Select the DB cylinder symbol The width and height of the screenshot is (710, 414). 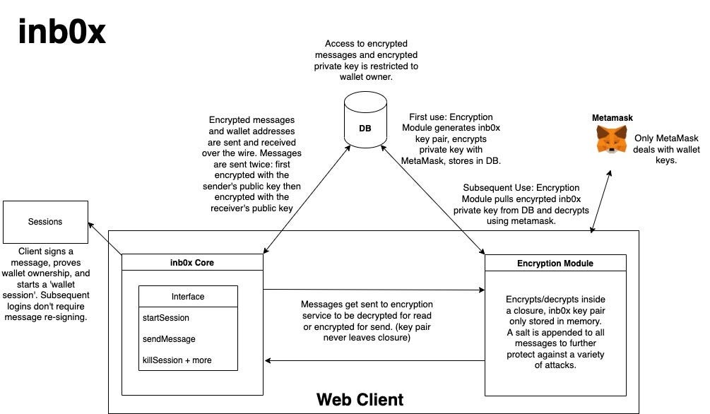[x=365, y=119]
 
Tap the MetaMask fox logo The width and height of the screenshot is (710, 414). [x=612, y=139]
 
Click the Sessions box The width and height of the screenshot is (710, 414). [x=45, y=222]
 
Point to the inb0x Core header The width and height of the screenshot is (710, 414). [x=192, y=262]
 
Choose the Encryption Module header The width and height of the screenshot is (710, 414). [x=555, y=264]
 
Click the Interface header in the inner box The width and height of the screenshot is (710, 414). [x=188, y=296]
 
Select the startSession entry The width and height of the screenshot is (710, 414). [x=166, y=317]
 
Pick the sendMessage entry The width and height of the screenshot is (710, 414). [x=169, y=339]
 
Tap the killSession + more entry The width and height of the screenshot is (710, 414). [x=177, y=360]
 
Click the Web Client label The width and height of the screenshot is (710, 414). [x=360, y=399]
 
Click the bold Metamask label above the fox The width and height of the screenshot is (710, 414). [x=613, y=118]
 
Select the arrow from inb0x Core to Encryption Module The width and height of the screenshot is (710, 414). [x=374, y=290]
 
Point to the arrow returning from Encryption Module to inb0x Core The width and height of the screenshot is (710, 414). [x=375, y=360]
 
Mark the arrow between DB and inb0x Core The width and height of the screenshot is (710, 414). [x=307, y=199]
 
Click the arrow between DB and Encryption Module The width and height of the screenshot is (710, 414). [x=432, y=200]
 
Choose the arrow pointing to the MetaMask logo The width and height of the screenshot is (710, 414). [x=601, y=201]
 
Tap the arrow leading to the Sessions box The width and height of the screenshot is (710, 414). [x=105, y=238]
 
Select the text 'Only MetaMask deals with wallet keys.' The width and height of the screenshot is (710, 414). [x=666, y=149]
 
